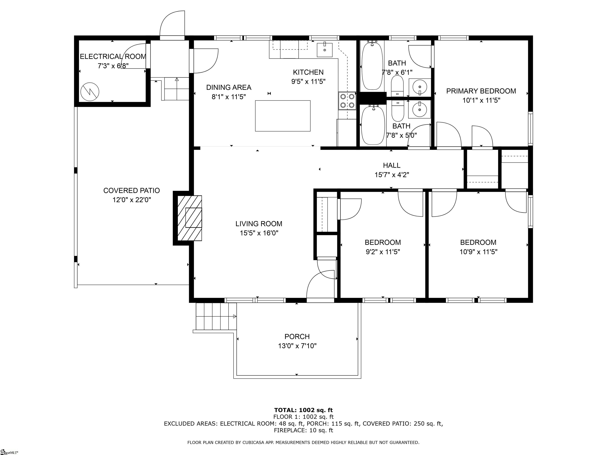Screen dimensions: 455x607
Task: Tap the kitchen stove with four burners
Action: (x=347, y=101)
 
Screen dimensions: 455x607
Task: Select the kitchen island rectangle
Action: (x=283, y=116)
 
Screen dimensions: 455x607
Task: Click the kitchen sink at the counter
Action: (x=325, y=50)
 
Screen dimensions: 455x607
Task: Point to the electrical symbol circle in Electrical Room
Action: (x=90, y=92)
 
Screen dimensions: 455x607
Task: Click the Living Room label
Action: (x=259, y=224)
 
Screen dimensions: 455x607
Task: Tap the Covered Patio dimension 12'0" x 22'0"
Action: (x=132, y=200)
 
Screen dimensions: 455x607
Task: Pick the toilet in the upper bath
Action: (x=397, y=86)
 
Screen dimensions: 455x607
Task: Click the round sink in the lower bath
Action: (x=419, y=109)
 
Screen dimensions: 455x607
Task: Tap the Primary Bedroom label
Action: (x=481, y=91)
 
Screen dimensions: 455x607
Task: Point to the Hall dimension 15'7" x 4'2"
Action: (x=392, y=175)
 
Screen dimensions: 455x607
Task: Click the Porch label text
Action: (x=297, y=337)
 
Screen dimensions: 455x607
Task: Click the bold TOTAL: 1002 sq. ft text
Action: (x=303, y=410)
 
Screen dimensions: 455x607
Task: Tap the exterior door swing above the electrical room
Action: (x=172, y=24)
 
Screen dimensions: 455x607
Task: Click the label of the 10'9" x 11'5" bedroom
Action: (x=478, y=243)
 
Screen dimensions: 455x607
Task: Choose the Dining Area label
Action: (x=229, y=87)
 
